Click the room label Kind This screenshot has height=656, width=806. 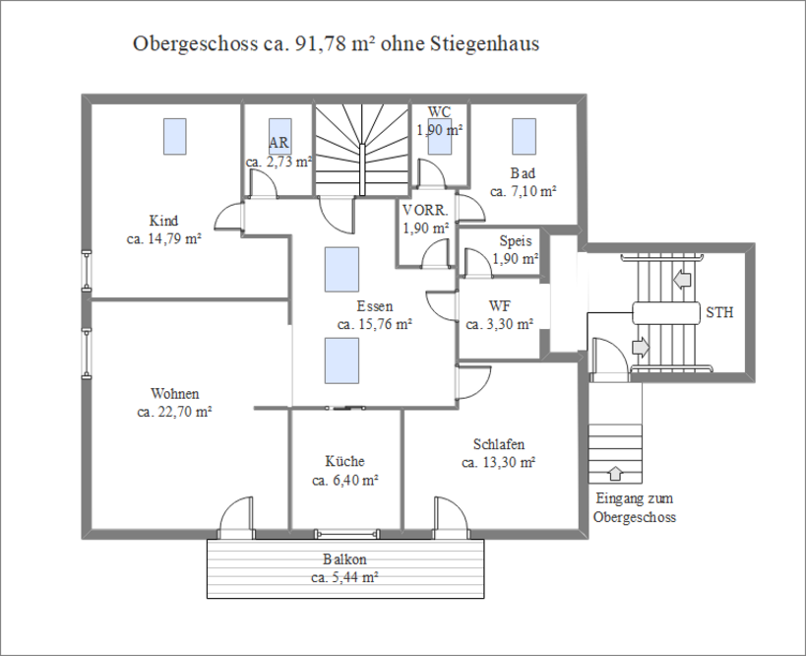click(163, 221)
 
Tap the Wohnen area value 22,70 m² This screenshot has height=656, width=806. click(175, 412)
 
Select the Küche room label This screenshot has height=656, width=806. click(344, 461)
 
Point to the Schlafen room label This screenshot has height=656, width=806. click(499, 444)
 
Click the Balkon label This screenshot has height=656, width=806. click(344, 558)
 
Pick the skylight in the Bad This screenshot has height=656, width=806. click(524, 136)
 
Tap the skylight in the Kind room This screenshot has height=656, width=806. click(175, 136)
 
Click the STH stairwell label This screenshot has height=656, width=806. click(719, 312)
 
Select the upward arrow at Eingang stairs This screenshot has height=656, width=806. click(615, 473)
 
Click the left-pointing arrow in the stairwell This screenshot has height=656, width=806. click(682, 280)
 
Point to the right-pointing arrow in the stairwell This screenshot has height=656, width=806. click(641, 348)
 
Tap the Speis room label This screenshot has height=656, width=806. click(516, 240)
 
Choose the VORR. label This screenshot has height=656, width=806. click(425, 210)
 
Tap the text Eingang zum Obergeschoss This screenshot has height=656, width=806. click(635, 507)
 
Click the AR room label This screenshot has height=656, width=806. click(279, 143)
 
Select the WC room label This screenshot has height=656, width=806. click(439, 111)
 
